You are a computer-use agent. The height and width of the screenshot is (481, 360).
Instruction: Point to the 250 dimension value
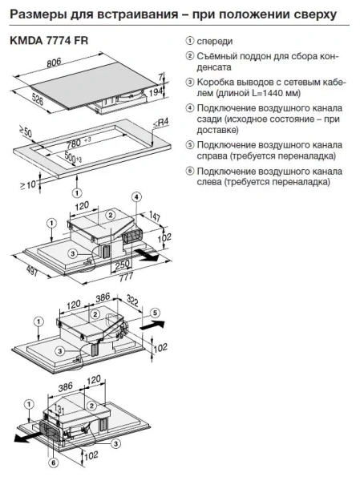(122, 265)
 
